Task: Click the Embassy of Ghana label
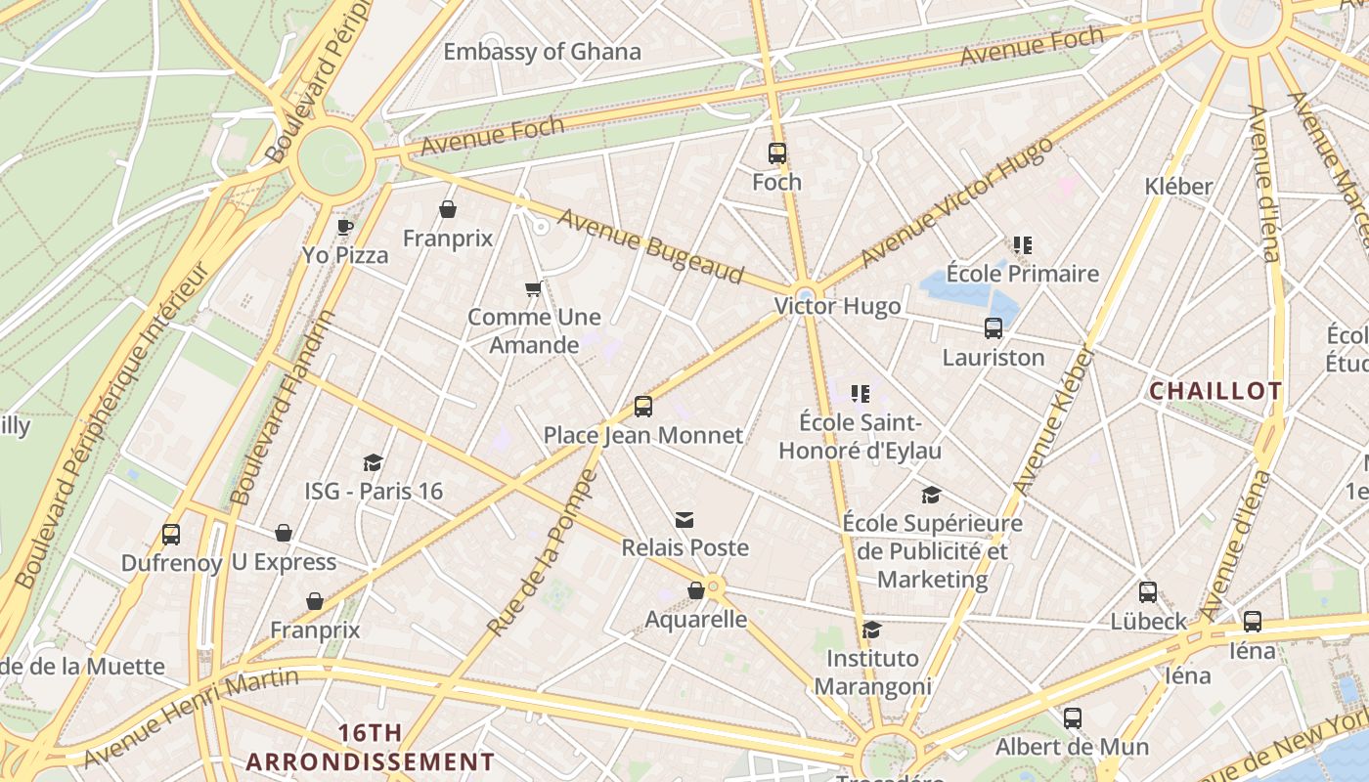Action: tap(542, 52)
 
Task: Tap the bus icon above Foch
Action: tap(777, 153)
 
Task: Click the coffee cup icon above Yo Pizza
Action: tap(345, 228)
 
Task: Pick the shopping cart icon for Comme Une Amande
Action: tap(533, 288)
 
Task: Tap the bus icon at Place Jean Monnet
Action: tap(642, 407)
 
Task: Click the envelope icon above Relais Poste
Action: tap(684, 520)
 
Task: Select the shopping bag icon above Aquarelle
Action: tap(696, 591)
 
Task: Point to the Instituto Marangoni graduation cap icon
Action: tap(871, 630)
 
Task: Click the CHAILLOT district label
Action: tap(1214, 392)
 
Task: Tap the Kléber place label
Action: tap(1178, 186)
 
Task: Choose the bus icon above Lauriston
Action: tap(994, 328)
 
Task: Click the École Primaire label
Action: tap(1023, 274)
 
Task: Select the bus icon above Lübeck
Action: tap(1148, 592)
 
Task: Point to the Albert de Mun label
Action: tap(1072, 747)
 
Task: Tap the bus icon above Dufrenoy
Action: tap(171, 535)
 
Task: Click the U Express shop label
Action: tap(284, 562)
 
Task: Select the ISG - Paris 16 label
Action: tap(374, 491)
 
